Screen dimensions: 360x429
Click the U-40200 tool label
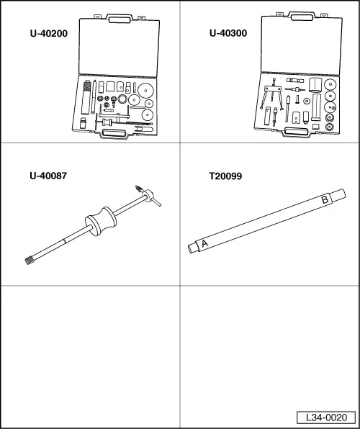[49, 34]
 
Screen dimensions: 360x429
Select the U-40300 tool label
[228, 33]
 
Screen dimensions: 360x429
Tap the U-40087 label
[48, 176]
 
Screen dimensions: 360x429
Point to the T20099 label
[225, 176]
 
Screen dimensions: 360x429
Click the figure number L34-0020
[326, 417]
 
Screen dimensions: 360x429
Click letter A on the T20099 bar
[204, 243]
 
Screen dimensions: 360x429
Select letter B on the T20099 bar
[325, 199]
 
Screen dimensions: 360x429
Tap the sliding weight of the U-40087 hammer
[101, 221]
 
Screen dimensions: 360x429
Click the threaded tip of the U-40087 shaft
[30, 261]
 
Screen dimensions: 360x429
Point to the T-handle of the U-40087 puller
[150, 196]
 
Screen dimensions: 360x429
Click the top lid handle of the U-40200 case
[120, 19]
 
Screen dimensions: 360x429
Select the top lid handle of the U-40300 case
[302, 17]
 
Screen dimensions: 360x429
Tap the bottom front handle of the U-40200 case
[114, 134]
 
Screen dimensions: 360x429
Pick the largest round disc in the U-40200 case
[145, 91]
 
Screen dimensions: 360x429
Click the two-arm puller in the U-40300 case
[272, 94]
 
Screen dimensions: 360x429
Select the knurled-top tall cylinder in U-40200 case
[86, 97]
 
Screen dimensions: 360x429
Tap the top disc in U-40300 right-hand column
[330, 84]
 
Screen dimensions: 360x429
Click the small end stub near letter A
[193, 248]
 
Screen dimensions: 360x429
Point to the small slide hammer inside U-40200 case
[123, 122]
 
